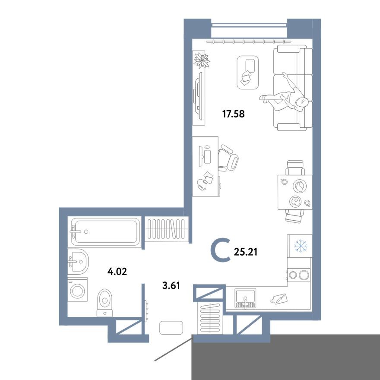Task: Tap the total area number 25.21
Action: tap(245, 251)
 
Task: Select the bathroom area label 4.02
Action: tap(117, 272)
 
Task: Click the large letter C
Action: tap(222, 251)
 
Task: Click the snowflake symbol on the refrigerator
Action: tap(300, 246)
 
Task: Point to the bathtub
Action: tap(105, 232)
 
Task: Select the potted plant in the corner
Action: tap(201, 60)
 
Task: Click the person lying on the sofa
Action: tap(287, 95)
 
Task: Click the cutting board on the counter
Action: tap(279, 298)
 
